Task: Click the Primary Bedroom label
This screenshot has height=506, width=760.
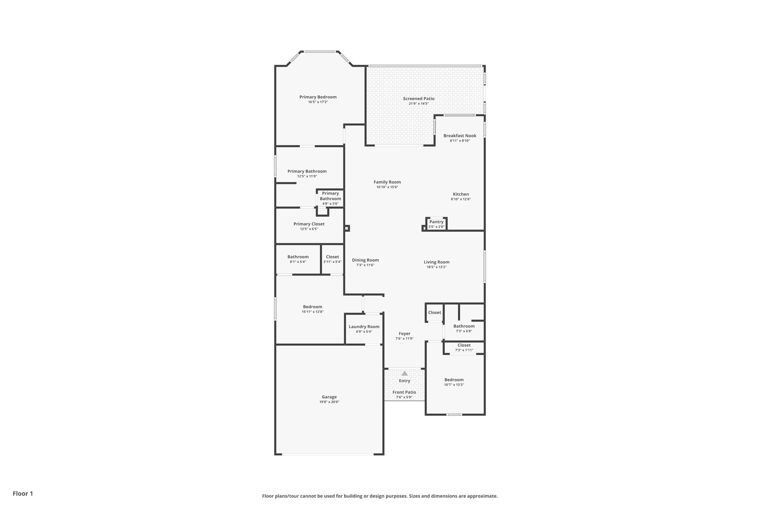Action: click(318, 97)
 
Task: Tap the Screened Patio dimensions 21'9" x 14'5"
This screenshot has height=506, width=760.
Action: click(419, 103)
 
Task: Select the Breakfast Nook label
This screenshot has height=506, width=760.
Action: click(460, 136)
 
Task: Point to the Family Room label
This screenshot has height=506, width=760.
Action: click(387, 182)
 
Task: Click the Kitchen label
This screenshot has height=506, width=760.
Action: click(461, 194)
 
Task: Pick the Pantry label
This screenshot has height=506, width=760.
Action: click(436, 222)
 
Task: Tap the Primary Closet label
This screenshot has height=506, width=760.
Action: click(309, 224)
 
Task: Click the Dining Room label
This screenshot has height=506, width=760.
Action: click(366, 260)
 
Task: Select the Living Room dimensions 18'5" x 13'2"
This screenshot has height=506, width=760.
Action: click(436, 267)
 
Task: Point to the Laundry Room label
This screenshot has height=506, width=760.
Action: click(364, 327)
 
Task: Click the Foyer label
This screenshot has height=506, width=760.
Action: click(405, 334)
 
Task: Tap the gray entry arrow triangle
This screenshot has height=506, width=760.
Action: click(405, 373)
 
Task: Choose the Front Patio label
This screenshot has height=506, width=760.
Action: click(404, 392)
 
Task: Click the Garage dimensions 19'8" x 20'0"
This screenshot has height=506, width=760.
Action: click(329, 402)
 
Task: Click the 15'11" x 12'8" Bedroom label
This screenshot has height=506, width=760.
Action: click(312, 307)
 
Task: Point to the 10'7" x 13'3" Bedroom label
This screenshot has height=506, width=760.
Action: click(454, 380)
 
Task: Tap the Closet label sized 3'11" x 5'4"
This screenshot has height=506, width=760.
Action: click(332, 257)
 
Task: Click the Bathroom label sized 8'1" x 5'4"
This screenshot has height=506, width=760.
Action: click(298, 257)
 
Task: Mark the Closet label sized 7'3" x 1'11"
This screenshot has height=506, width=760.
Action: click(464, 345)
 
